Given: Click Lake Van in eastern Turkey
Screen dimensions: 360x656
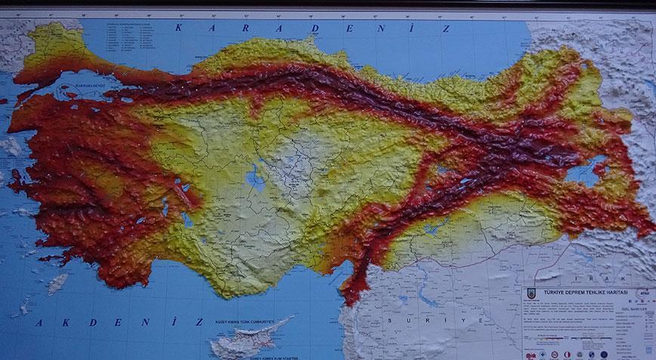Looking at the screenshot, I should (585, 175).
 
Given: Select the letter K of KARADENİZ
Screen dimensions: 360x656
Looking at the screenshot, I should (178, 28).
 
